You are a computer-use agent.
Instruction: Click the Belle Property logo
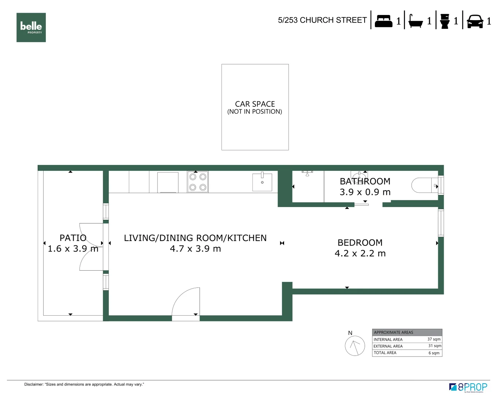(31, 27)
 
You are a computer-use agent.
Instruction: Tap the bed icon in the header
(383, 21)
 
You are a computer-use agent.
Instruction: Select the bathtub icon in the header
(416, 21)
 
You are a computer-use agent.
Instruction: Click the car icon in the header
(475, 21)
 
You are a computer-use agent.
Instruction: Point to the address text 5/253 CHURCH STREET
(322, 20)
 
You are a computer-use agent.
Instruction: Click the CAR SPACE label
(255, 104)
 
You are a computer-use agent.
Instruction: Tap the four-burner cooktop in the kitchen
(198, 182)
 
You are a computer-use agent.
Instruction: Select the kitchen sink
(262, 182)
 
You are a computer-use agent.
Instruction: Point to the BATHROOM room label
(365, 181)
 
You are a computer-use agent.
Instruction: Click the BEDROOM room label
(360, 243)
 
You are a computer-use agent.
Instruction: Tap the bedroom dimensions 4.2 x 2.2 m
(360, 253)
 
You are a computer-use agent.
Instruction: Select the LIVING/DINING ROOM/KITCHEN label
(195, 238)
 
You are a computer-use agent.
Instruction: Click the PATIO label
(73, 238)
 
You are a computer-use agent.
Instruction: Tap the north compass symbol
(355, 346)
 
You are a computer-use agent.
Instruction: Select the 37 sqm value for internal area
(434, 339)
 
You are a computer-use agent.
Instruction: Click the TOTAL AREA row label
(385, 353)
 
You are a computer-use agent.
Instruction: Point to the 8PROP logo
(468, 387)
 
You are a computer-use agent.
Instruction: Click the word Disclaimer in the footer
(34, 384)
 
